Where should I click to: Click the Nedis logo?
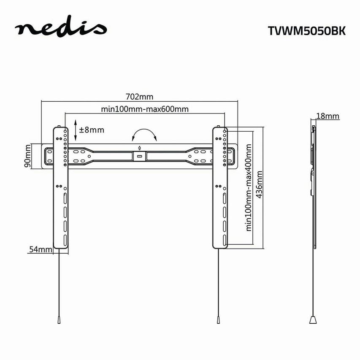click(61, 30)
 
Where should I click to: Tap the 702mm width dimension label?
click(139, 97)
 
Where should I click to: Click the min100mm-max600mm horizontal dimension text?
click(144, 109)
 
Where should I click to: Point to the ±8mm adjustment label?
click(91, 130)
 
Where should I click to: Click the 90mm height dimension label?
click(27, 155)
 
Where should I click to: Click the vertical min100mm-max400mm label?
click(249, 187)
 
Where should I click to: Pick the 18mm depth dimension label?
click(328, 116)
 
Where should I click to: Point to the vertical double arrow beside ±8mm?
click(75, 130)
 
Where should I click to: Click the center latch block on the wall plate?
click(139, 155)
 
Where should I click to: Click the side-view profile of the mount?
click(313, 186)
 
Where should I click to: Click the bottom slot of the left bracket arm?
click(65, 241)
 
